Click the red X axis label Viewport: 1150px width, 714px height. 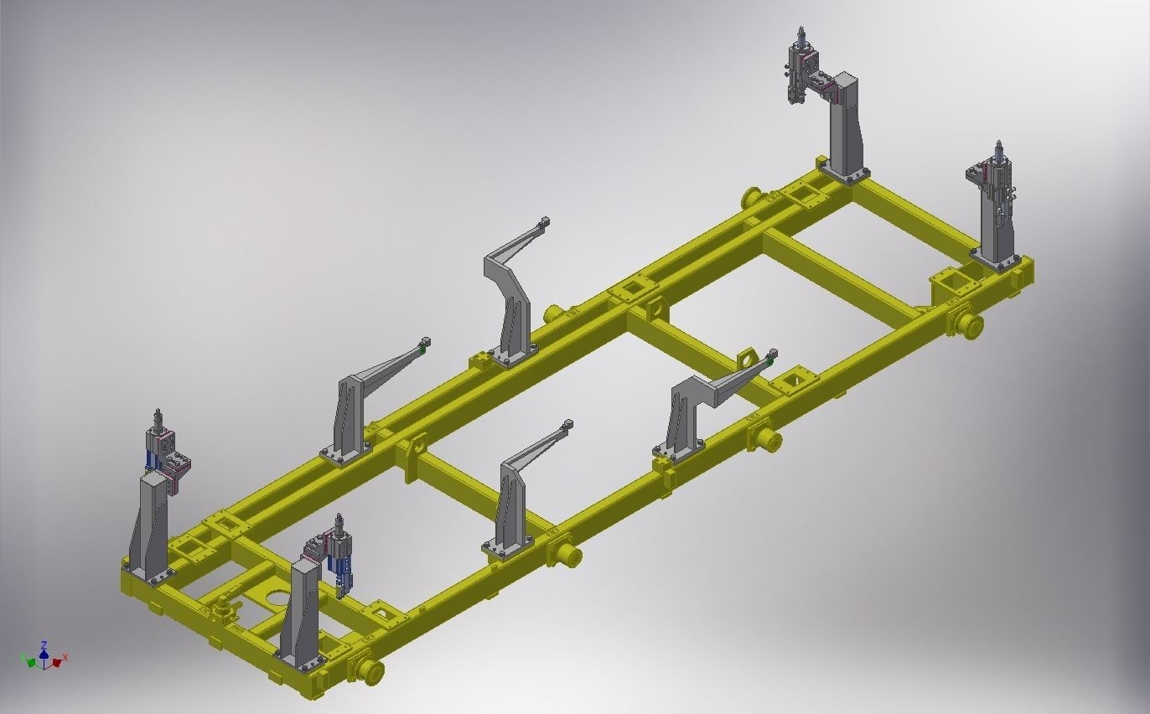click(x=65, y=658)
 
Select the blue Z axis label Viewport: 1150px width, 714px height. click(x=44, y=644)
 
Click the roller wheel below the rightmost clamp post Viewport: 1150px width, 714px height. click(x=970, y=325)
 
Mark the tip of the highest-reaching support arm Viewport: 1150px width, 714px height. click(x=545, y=221)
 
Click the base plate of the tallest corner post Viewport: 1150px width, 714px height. click(x=845, y=173)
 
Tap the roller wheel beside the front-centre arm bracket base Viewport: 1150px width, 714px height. click(x=567, y=555)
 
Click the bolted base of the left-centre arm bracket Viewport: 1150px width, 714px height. click(x=345, y=453)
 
